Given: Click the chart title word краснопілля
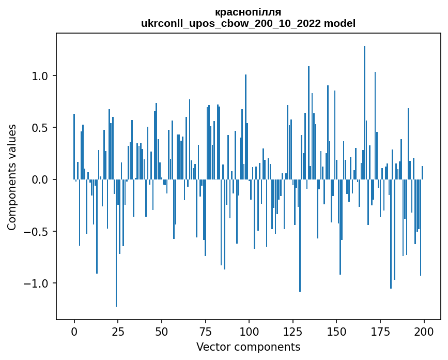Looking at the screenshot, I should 248,12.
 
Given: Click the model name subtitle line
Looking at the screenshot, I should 248,24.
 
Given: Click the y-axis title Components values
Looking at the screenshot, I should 12,177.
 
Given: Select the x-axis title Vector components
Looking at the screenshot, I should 248,347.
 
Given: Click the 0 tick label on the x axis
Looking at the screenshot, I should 74,331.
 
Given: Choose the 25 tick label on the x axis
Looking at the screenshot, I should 118,331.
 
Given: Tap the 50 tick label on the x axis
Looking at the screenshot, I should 162,331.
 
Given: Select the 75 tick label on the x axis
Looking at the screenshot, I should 205,331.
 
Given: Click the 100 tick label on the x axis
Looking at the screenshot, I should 249,331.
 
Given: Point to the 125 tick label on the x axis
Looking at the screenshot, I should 293,331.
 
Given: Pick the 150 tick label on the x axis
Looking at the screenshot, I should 336,331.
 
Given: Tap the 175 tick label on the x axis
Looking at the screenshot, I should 380,331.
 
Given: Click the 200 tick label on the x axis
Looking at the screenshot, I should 424,331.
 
